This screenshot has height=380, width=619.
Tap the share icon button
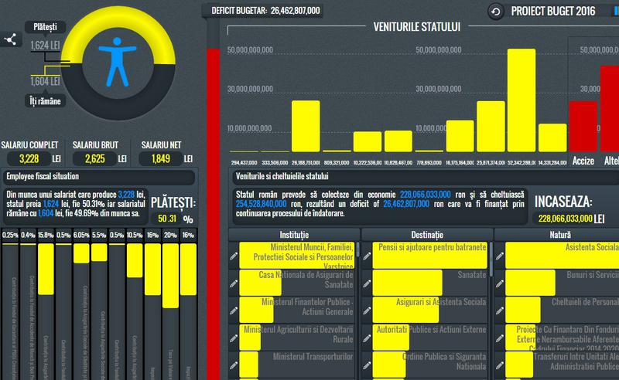pos(12,40)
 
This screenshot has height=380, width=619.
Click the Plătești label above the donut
pos(44,27)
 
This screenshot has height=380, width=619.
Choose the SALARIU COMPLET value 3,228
pos(27,159)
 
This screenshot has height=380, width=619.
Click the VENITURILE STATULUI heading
pos(417,27)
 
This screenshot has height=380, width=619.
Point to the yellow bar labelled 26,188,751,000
pos(305,125)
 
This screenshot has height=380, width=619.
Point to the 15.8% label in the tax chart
pos(46,236)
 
